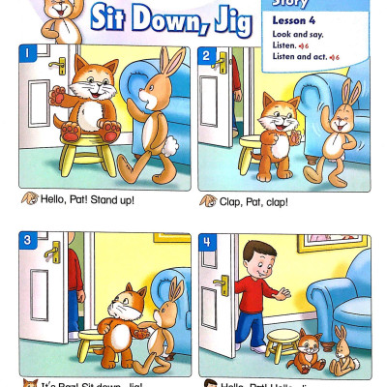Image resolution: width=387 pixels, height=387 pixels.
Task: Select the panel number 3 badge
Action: pos(30,241)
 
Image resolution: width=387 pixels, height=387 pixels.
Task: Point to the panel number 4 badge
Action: pos(209,242)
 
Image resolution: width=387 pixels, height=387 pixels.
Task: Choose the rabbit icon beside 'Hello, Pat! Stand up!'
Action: pos(29,200)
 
